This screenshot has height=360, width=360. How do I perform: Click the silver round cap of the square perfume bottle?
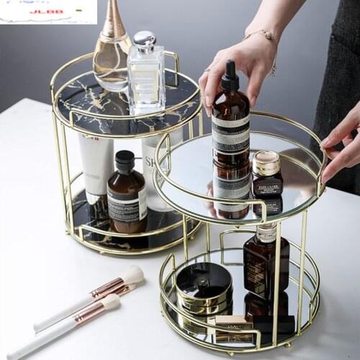(144, 39)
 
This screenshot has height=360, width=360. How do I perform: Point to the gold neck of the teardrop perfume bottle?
(113, 24)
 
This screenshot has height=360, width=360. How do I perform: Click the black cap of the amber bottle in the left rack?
(125, 162)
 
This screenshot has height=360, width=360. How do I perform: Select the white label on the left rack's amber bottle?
(127, 204)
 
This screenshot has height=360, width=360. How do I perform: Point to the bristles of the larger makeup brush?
(132, 275)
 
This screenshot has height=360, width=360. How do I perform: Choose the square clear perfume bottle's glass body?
(146, 79)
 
